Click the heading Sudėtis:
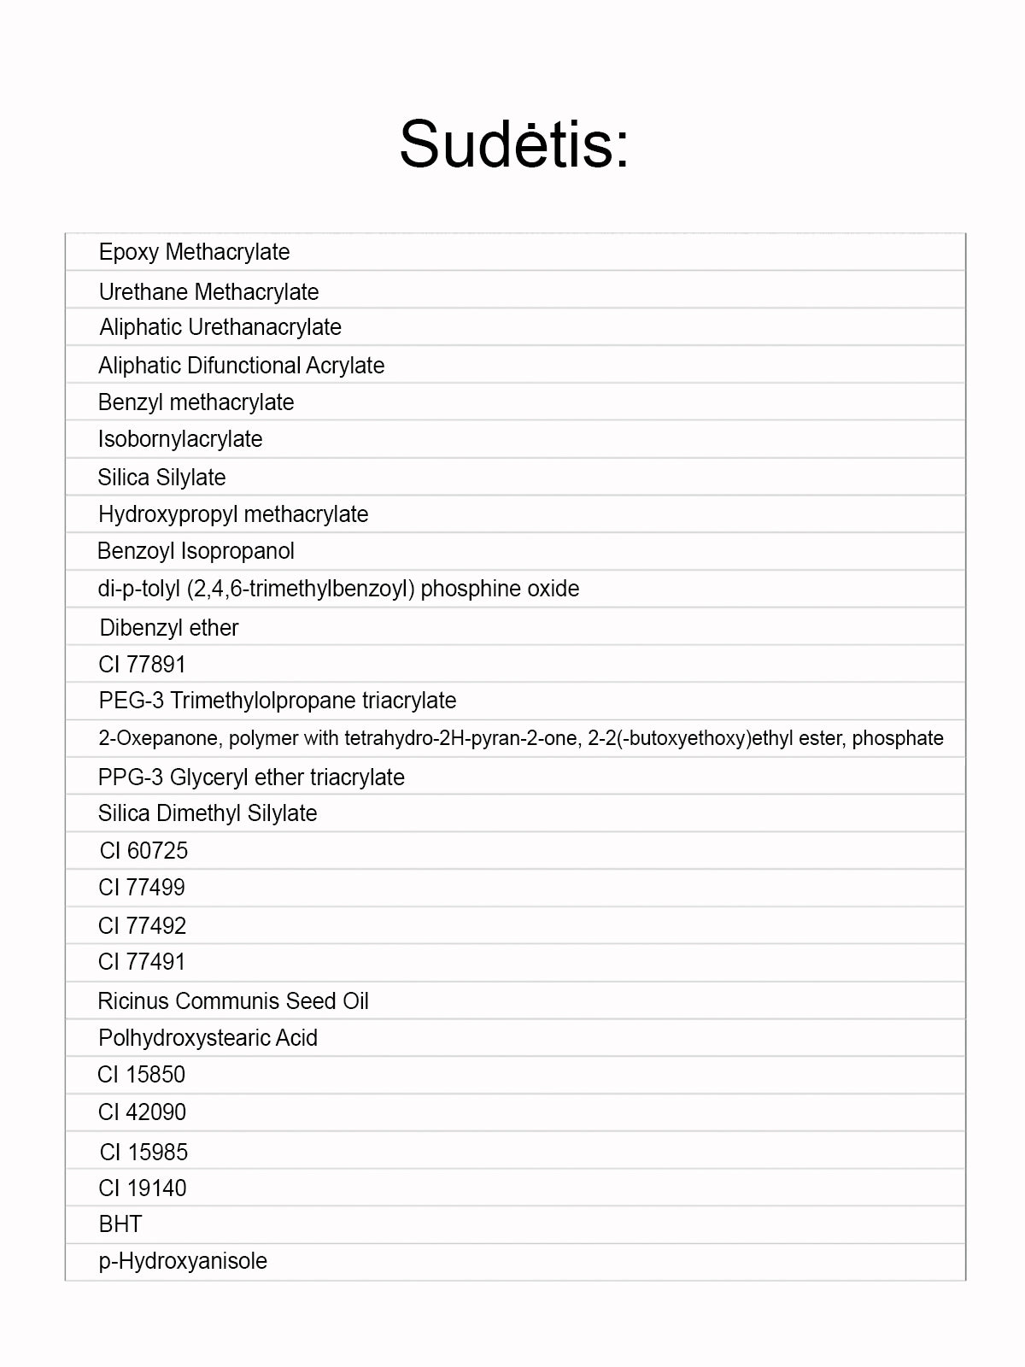click(x=514, y=144)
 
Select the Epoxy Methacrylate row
click(x=194, y=252)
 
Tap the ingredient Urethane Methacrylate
click(x=208, y=292)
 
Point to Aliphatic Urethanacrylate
click(x=220, y=327)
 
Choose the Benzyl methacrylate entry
click(x=196, y=402)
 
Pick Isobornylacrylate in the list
click(x=180, y=439)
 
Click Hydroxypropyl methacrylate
click(x=233, y=514)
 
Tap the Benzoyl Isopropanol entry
click(x=196, y=551)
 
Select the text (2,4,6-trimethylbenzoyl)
click(x=300, y=589)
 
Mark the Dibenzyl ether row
click(x=169, y=628)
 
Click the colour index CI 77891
click(x=142, y=664)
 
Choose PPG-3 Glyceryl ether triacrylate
click(x=251, y=777)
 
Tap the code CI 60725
click(x=143, y=851)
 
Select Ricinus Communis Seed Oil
click(x=233, y=1001)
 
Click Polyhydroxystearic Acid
click(x=208, y=1038)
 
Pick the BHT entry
click(x=120, y=1224)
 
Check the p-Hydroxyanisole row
click(x=183, y=1261)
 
